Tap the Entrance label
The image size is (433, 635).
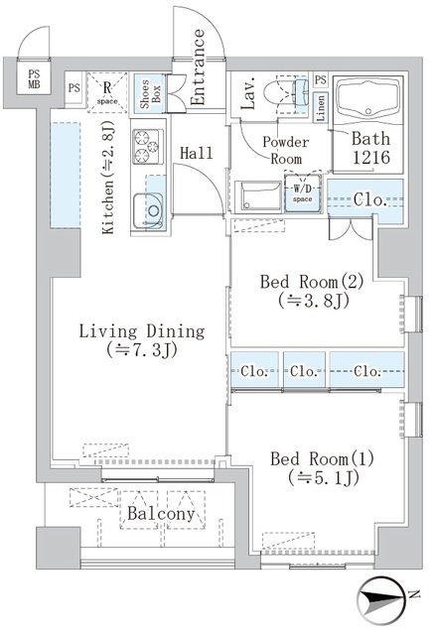click(198, 65)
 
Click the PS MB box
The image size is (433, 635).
click(35, 79)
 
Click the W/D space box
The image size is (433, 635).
click(303, 193)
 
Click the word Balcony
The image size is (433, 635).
click(159, 514)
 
